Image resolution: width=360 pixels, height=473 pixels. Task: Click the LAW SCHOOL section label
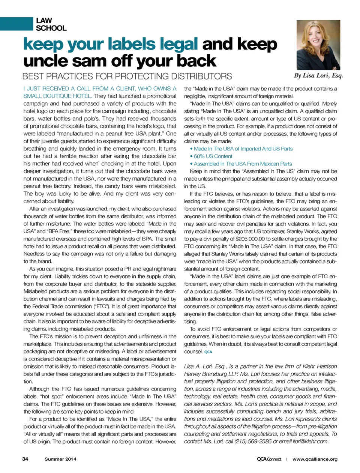tap(51, 24)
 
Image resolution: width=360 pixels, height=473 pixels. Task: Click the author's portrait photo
tap(318, 45)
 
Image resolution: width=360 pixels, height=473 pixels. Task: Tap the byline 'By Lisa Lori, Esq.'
tap(318, 75)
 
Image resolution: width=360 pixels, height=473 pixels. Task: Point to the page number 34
tap(25, 459)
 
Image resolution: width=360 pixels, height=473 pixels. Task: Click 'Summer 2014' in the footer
tap(60, 459)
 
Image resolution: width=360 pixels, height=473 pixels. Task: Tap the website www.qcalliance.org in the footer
tap(315, 459)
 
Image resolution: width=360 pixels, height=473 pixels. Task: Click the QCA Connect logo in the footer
tap(269, 459)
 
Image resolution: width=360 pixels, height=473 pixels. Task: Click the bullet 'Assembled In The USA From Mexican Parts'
tap(243, 164)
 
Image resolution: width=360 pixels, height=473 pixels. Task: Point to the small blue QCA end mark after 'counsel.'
tap(208, 352)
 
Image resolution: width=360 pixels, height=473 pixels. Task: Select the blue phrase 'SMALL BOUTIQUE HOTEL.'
tap(57, 96)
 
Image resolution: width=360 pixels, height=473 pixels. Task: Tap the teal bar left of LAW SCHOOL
tap(16, 24)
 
